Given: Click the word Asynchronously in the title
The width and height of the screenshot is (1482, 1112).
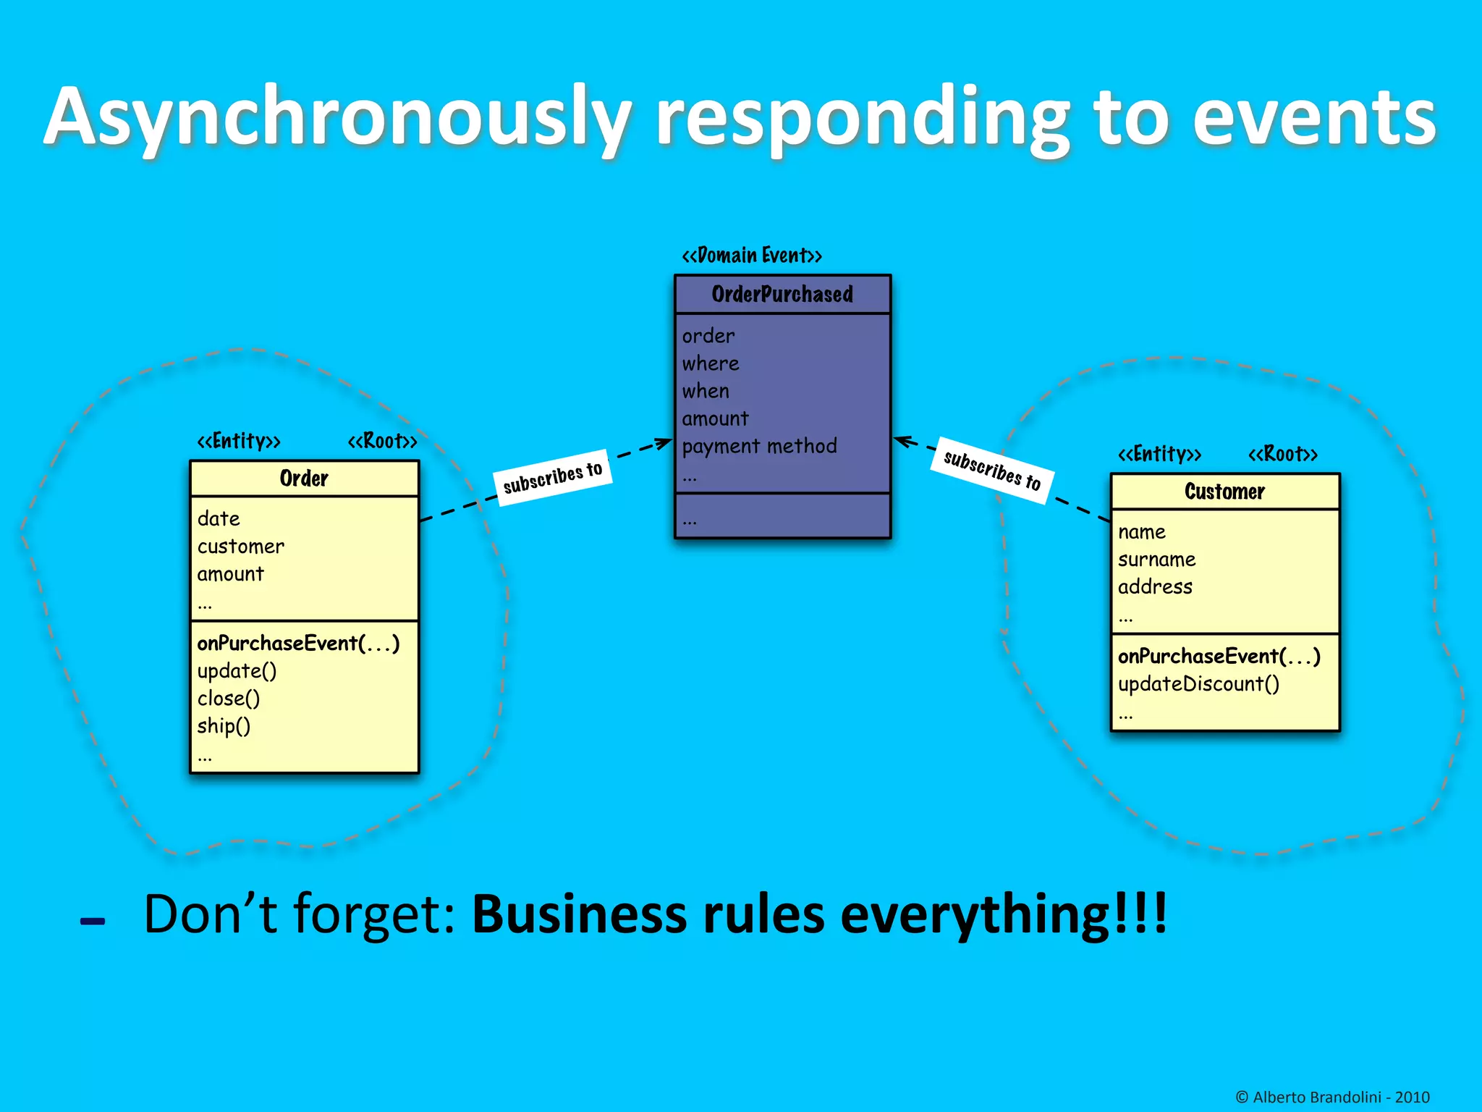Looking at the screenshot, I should (x=336, y=118).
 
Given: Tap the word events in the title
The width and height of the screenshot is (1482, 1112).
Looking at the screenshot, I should (x=1313, y=118).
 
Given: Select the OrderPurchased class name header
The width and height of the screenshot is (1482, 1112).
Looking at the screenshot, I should (x=782, y=295).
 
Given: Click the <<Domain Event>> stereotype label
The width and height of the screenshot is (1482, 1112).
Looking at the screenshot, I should (x=752, y=256).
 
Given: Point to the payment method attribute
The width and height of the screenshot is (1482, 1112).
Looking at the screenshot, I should (x=759, y=446).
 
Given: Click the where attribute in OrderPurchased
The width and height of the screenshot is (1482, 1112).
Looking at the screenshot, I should (x=711, y=363).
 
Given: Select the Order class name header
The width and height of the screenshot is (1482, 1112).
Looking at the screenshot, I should (x=304, y=479).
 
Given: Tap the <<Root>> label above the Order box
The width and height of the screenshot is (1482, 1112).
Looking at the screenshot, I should (x=382, y=441).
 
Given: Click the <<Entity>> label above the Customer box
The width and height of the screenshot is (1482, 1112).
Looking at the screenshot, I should (x=1159, y=454).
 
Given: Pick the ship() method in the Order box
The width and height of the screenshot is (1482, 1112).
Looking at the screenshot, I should (x=224, y=726).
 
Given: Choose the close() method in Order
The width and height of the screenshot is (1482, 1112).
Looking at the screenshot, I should (x=229, y=699).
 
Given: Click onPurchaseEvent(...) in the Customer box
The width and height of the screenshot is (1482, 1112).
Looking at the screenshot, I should (x=1219, y=657).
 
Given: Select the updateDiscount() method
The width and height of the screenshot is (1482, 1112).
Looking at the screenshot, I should (x=1198, y=684).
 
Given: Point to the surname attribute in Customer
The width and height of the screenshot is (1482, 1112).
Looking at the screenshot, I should (x=1156, y=560).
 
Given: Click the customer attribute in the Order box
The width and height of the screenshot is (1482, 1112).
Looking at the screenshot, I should (x=241, y=547).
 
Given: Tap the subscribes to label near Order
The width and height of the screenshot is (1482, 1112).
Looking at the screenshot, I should (x=553, y=478).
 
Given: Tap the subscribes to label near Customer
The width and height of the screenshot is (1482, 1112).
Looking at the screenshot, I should (x=991, y=470).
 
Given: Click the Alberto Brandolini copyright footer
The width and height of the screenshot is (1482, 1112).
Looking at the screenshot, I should (x=1332, y=1097).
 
